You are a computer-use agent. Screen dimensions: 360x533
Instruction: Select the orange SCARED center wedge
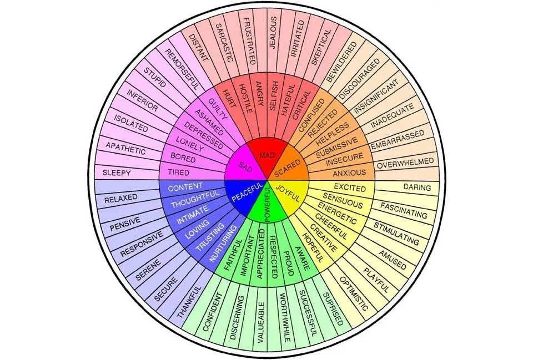[290, 165]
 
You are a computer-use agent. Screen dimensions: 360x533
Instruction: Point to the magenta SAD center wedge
[245, 166]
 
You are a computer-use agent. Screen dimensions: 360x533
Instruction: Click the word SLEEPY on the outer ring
[117, 173]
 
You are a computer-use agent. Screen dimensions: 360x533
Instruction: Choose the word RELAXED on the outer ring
[120, 198]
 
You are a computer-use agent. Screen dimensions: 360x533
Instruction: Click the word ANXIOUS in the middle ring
[349, 173]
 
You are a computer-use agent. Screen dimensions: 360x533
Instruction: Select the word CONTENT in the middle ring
[185, 186]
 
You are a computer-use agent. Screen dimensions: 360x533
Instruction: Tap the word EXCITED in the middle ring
[350, 188]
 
